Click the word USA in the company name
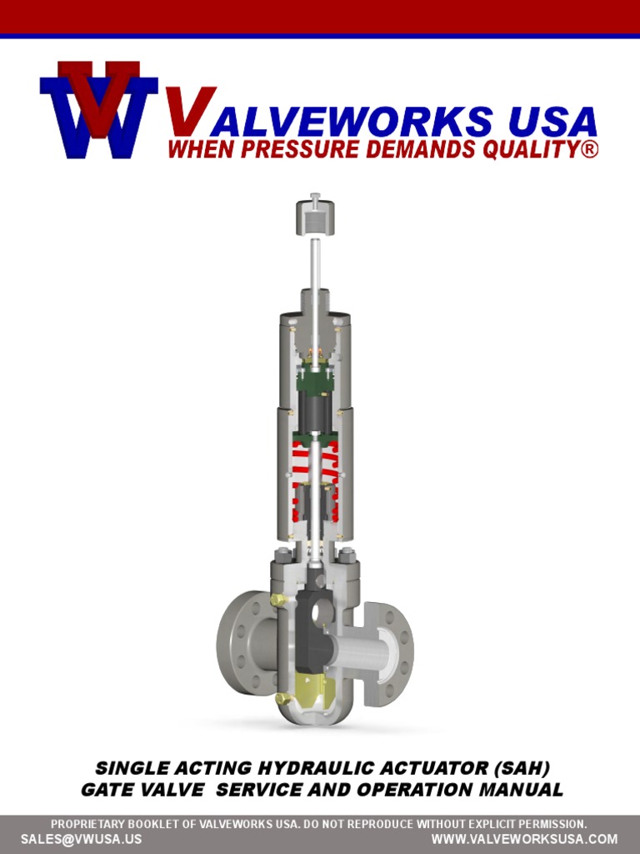coord(552,122)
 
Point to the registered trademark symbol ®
coord(589,150)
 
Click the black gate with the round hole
coord(315,616)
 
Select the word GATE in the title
coord(109,789)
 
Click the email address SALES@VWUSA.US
coord(81,839)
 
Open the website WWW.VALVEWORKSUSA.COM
coord(524,839)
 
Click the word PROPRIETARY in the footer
coord(90,824)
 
